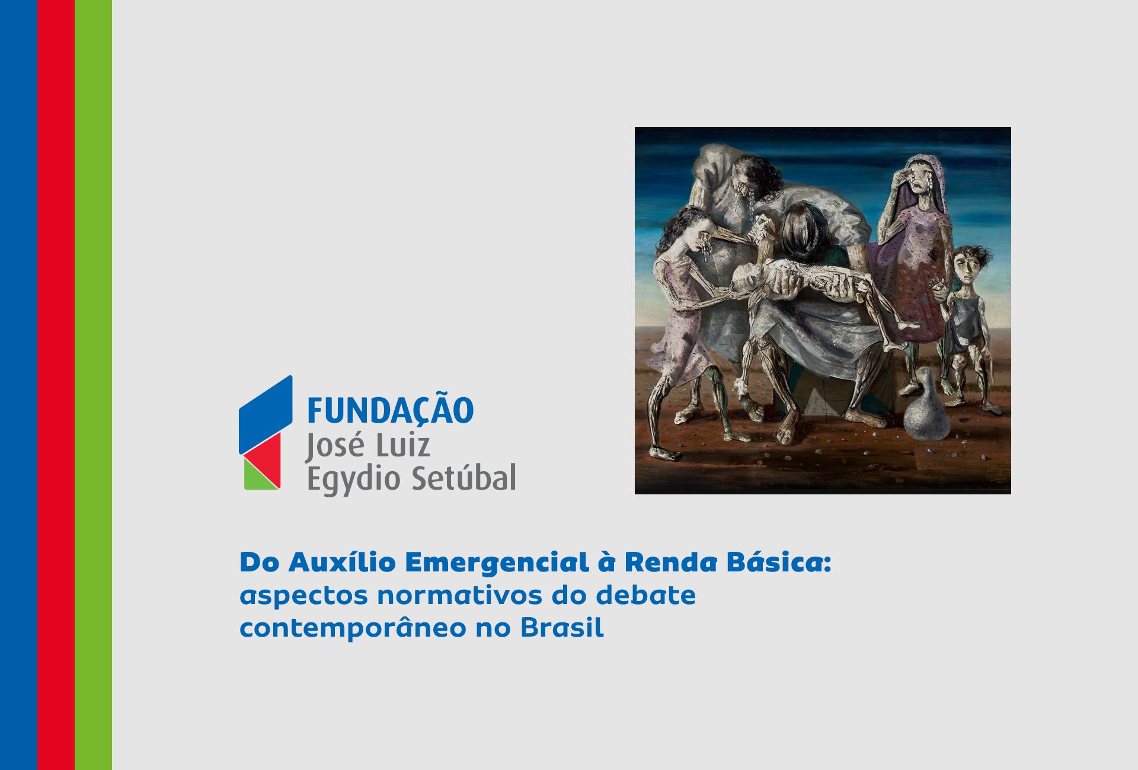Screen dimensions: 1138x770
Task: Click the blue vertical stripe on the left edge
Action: (18, 385)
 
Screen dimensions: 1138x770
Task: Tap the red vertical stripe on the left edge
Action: (56, 385)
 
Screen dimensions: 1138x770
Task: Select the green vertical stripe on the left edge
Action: (93, 385)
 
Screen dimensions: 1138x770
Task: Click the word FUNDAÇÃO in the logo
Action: (390, 410)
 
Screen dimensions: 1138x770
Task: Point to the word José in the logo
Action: (333, 446)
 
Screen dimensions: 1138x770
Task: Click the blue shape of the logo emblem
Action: (265, 414)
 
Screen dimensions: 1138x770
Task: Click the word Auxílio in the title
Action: (343, 562)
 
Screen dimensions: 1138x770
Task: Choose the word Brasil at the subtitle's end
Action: (562, 627)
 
